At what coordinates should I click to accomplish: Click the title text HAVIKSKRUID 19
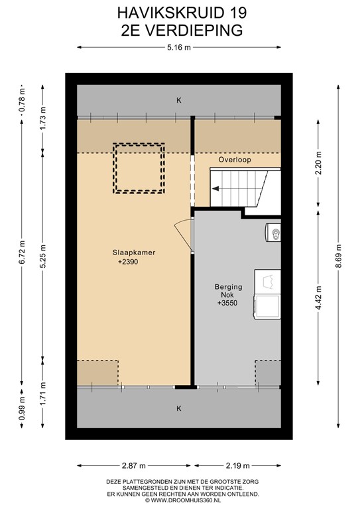pyautogui.click(x=179, y=12)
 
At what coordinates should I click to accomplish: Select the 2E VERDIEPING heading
pyautogui.click(x=179, y=30)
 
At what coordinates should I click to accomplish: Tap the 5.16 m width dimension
pyautogui.click(x=179, y=47)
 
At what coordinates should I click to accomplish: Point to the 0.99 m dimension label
pyautogui.click(x=22, y=409)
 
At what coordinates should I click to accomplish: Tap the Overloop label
pyautogui.click(x=235, y=160)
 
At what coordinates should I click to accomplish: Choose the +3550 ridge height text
pyautogui.click(x=227, y=304)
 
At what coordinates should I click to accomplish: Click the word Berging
pyautogui.click(x=227, y=287)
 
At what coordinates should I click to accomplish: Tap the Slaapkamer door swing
pyautogui.click(x=183, y=235)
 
